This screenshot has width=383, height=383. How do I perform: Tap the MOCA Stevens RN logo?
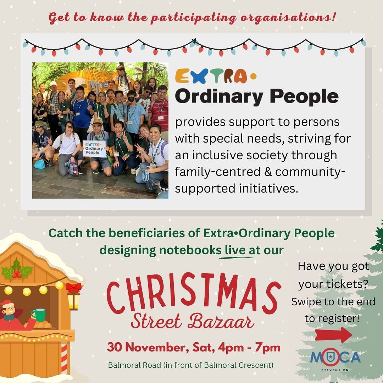point(335,359)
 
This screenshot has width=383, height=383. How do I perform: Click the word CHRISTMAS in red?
point(193,294)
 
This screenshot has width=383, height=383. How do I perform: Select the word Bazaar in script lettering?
point(221,321)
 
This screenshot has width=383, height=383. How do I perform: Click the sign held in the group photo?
point(94,149)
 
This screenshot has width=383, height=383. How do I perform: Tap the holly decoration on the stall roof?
point(17,270)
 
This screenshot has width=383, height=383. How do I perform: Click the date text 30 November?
point(148,348)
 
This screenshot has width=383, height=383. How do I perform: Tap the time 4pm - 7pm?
point(249,348)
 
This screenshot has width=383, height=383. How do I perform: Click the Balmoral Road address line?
point(191,365)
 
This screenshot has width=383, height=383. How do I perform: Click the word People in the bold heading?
point(304,97)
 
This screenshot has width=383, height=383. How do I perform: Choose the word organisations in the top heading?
point(288,18)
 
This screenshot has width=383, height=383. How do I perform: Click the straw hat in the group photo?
point(97,121)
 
